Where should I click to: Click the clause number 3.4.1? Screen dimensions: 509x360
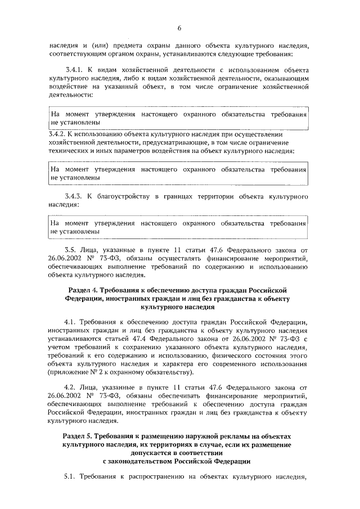[75, 69]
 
